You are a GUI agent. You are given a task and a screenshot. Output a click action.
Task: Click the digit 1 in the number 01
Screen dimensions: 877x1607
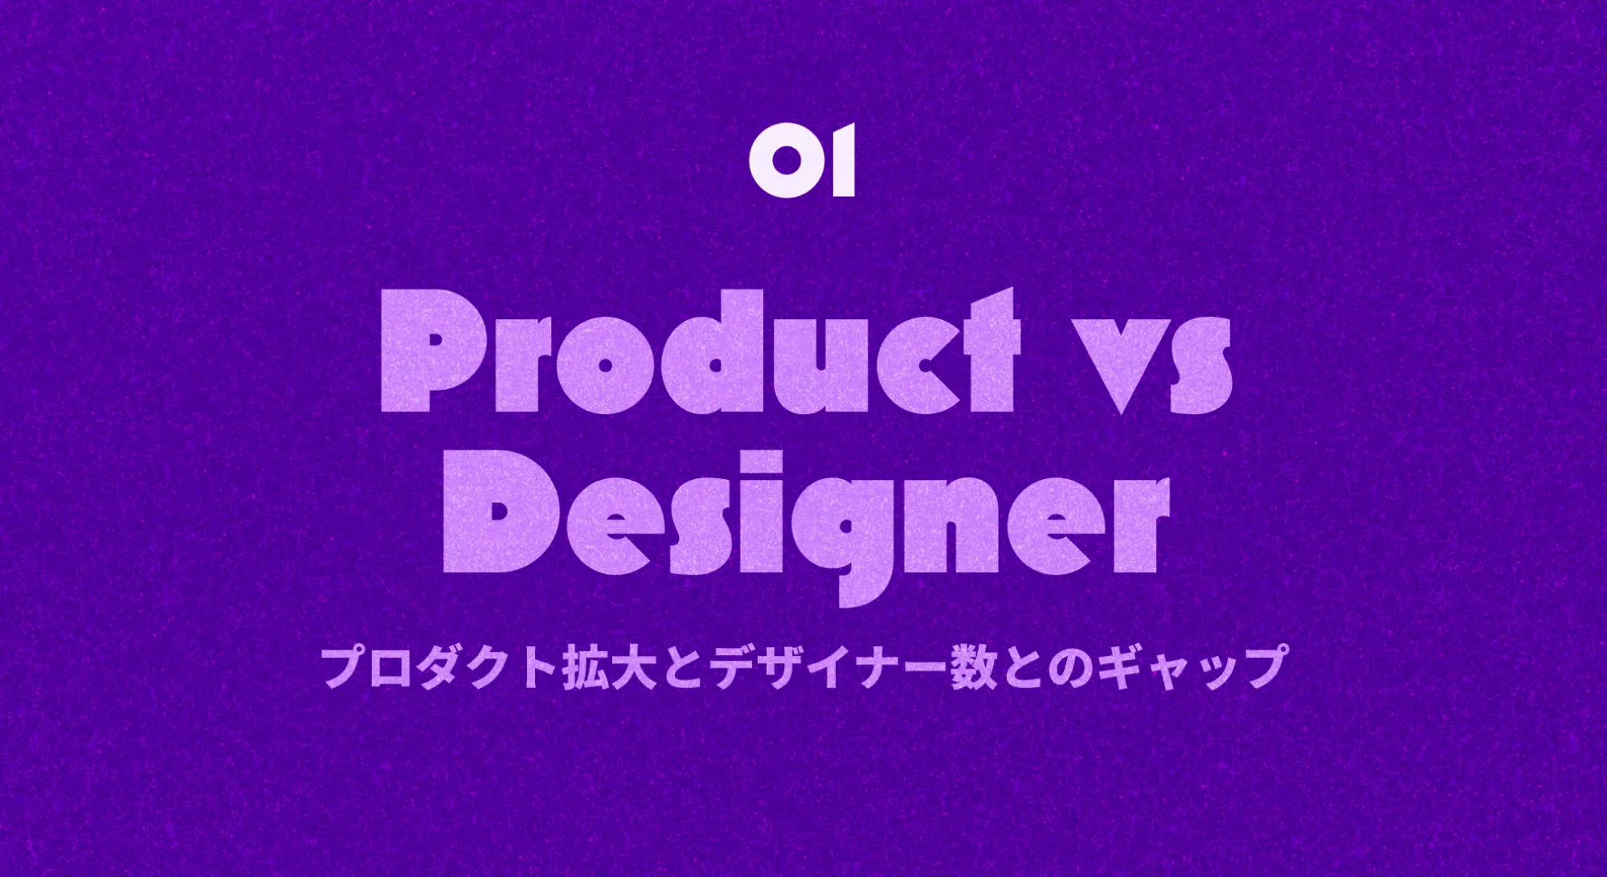coord(841,161)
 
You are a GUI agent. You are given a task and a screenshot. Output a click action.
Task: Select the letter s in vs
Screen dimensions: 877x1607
coord(1201,366)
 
